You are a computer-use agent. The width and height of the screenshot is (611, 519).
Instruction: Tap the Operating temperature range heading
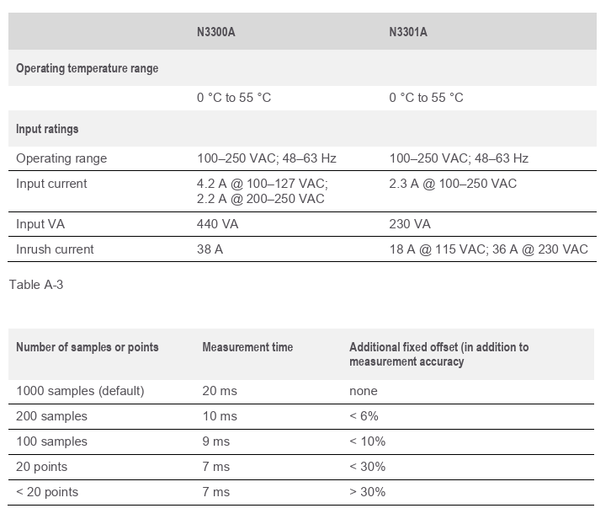click(87, 68)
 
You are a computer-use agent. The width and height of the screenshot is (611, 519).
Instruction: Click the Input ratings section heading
click(47, 129)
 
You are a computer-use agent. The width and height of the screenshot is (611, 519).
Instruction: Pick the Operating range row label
click(61, 158)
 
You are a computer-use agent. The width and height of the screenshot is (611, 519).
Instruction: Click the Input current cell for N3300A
click(262, 191)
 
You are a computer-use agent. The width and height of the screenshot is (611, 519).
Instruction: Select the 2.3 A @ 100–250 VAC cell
click(453, 184)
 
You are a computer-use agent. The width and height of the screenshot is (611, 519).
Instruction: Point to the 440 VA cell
click(216, 224)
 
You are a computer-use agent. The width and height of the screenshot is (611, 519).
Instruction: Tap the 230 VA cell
click(410, 224)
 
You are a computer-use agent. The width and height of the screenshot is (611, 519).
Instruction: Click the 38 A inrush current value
click(210, 249)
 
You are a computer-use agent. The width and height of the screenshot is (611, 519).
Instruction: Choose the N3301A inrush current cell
click(488, 249)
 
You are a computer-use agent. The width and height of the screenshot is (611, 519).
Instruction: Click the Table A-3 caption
click(35, 285)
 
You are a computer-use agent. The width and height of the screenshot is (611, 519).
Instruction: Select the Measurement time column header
click(247, 347)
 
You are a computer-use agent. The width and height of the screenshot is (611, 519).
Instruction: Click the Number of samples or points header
click(87, 347)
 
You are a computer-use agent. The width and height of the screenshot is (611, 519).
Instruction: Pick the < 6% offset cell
click(364, 416)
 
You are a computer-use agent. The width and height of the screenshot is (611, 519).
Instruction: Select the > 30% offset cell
click(367, 492)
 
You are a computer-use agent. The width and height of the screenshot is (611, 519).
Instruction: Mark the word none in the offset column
click(364, 391)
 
